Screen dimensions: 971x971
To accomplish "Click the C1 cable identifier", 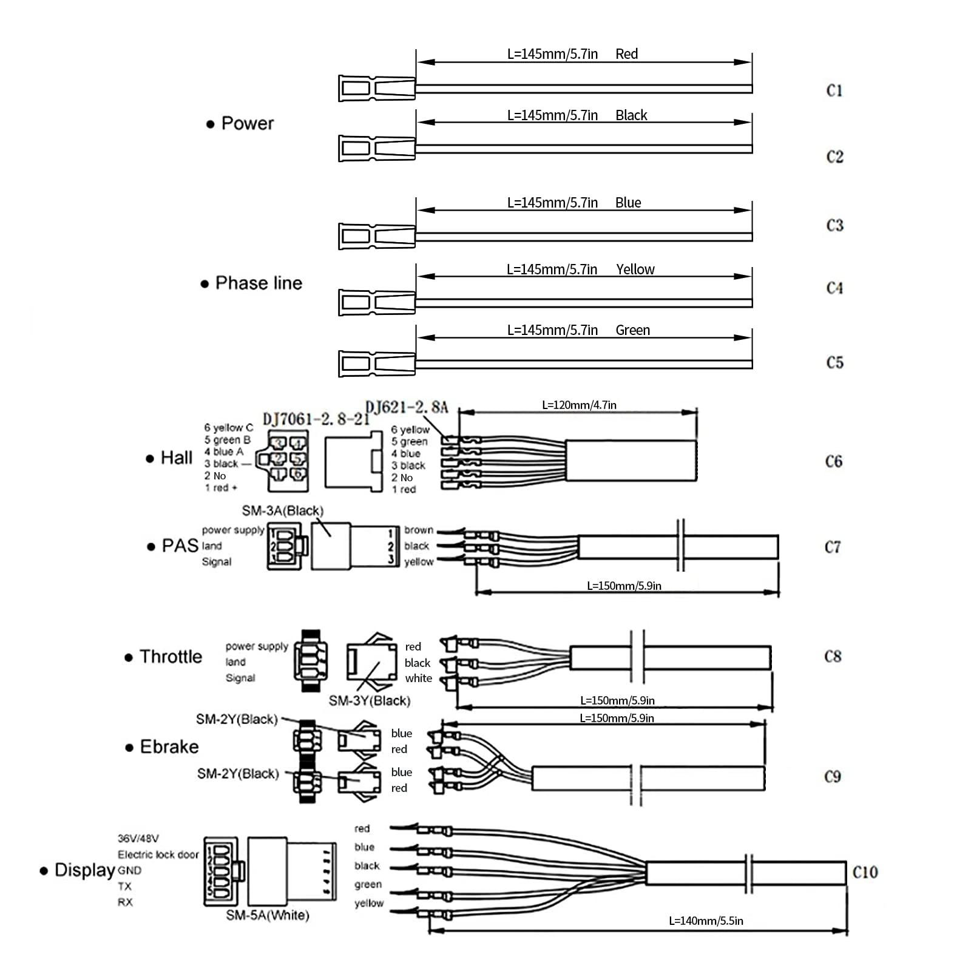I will click(x=834, y=91).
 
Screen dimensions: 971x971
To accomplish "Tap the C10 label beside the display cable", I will click(x=865, y=873).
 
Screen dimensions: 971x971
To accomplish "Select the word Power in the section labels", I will click(x=247, y=124).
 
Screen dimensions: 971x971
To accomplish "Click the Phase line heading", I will click(x=259, y=283).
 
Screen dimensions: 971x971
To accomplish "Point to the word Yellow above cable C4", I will click(x=635, y=269).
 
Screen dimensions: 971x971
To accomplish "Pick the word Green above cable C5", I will click(x=632, y=330).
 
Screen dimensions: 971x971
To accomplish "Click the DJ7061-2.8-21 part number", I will click(x=316, y=419).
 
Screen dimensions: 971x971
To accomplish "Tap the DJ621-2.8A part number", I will click(x=407, y=407).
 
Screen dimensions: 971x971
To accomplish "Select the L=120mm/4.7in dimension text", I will click(x=579, y=405).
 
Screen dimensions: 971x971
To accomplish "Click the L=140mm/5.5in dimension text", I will click(x=706, y=921).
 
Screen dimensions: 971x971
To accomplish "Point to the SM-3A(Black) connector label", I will click(x=283, y=511).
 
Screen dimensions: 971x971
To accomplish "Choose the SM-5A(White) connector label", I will click(x=268, y=915).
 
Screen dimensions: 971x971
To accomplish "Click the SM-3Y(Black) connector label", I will click(x=370, y=701).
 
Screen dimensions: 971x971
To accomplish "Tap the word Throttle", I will click(x=171, y=657).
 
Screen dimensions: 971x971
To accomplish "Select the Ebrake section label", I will click(x=169, y=746).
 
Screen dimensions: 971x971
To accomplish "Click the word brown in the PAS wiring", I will click(x=419, y=530).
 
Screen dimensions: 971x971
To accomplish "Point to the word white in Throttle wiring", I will click(x=419, y=678).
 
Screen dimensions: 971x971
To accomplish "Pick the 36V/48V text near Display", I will click(x=138, y=839).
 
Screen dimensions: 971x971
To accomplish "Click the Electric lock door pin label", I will click(x=158, y=854).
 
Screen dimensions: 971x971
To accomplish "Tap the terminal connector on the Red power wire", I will click(x=376, y=89).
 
